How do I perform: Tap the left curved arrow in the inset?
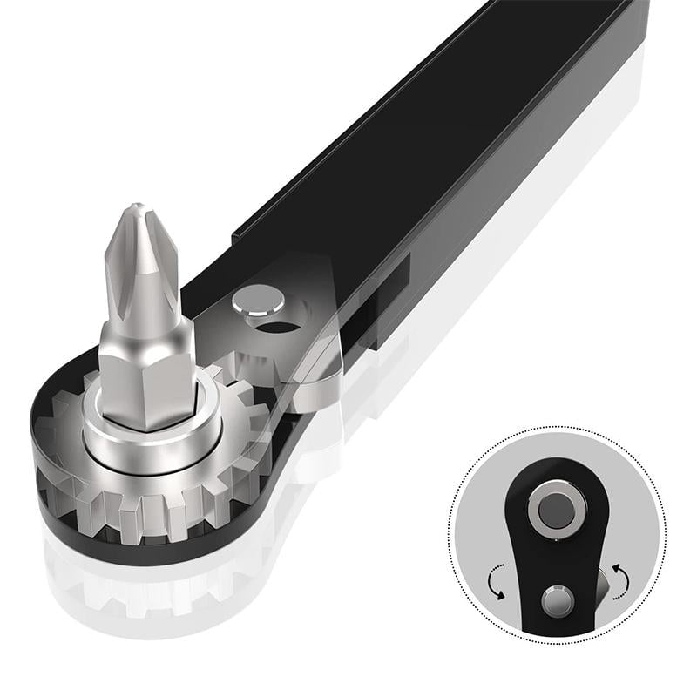pos(497,580)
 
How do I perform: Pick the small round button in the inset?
pos(557,601)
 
